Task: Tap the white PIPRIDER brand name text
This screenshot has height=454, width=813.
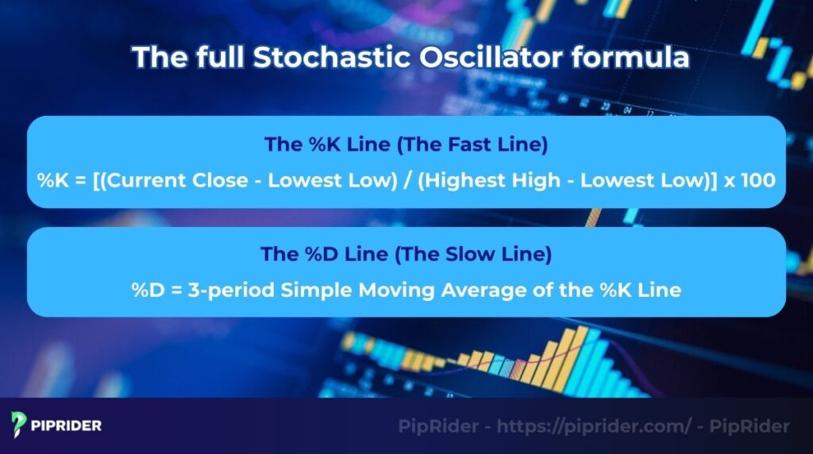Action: (67, 426)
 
